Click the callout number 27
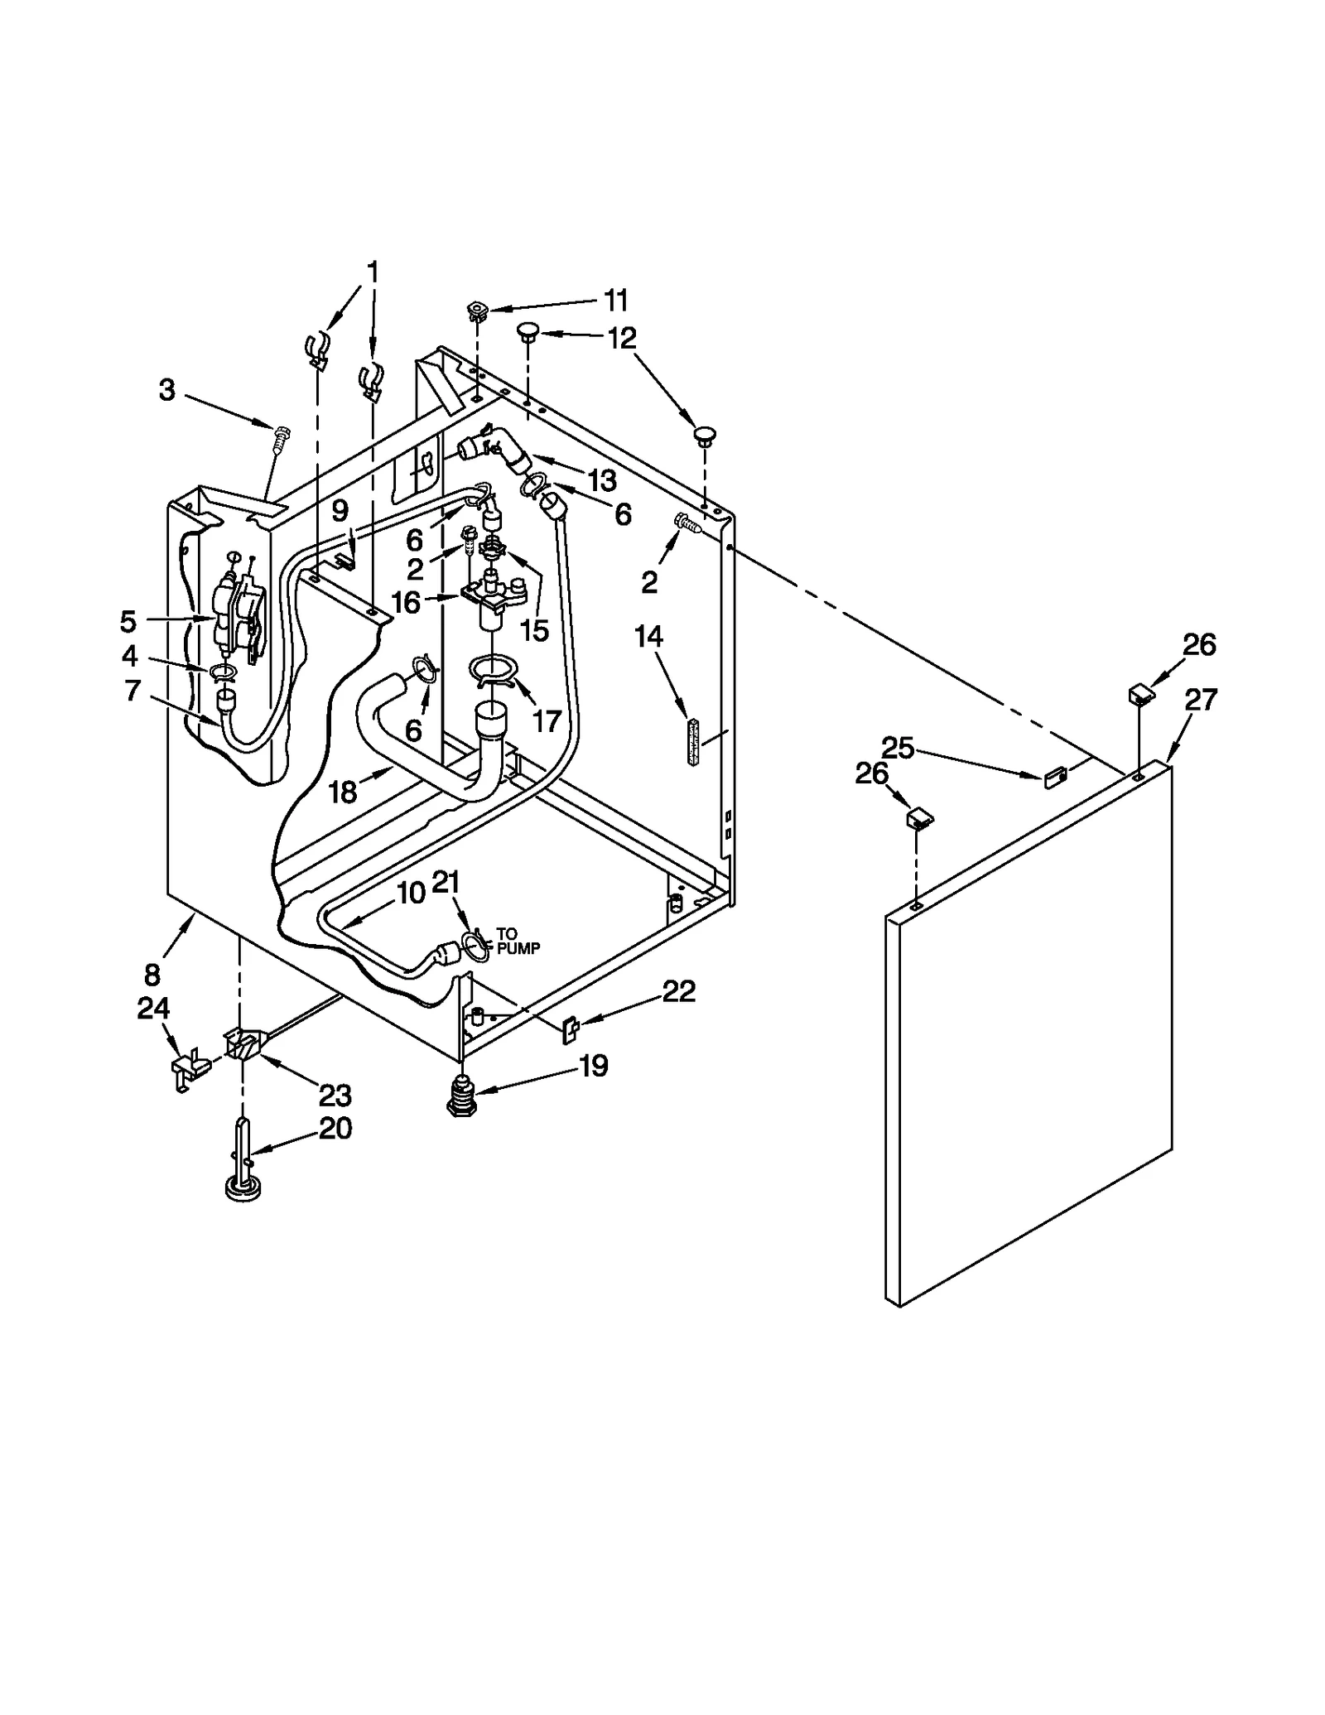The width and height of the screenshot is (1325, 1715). pos(1200,700)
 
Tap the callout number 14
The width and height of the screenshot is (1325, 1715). pos(648,637)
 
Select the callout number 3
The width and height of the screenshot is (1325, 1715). pos(167,390)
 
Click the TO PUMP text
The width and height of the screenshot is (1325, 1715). pos(518,942)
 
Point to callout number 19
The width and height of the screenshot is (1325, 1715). pos(594,1065)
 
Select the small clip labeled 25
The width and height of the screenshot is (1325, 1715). pos(1054,778)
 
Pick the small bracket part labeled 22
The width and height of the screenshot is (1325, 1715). pos(571,1029)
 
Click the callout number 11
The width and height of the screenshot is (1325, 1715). pos(615,300)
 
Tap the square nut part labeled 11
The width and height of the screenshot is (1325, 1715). pos(477,312)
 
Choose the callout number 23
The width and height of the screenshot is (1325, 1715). pos(335,1095)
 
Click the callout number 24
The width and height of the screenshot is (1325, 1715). pos(153,1008)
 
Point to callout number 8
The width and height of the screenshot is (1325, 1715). pos(152,973)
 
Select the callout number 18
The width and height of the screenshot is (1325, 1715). pos(343,792)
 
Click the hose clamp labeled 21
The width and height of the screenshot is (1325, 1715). pos(475,945)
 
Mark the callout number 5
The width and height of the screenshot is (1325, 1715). pos(128,620)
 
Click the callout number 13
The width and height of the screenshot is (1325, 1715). pos(602,479)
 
